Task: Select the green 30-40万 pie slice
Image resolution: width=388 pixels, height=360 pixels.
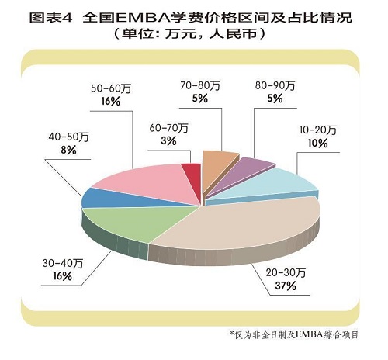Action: coord(128,225)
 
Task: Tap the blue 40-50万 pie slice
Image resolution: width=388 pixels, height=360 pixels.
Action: coord(99,197)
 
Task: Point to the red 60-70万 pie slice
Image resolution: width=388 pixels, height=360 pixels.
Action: coord(191,175)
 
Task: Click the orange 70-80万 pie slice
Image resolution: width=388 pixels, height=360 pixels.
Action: coord(218,164)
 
